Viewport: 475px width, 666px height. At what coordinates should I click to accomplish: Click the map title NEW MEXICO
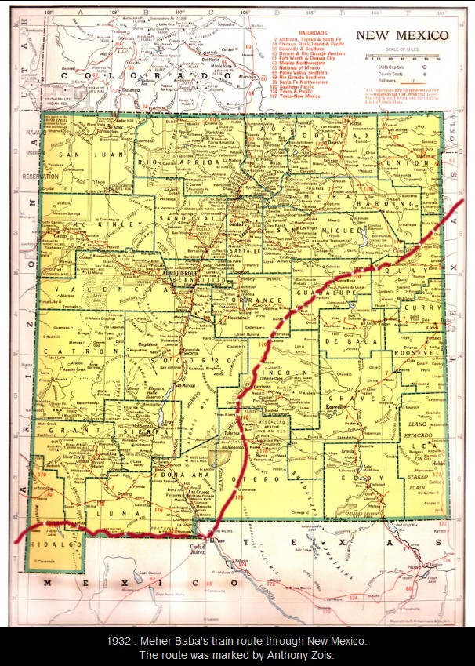[x=402, y=35]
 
